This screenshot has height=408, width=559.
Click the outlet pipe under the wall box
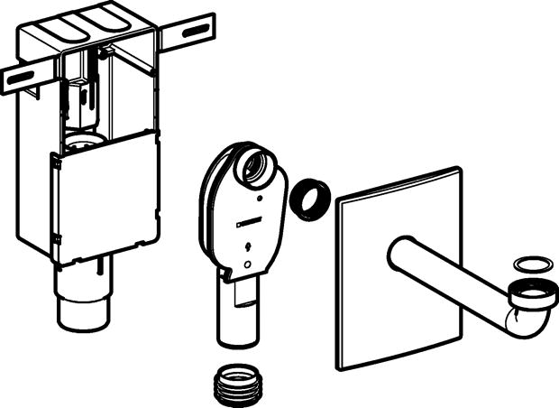(87, 298)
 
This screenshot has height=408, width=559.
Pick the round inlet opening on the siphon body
(261, 169)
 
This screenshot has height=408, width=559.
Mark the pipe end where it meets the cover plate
(398, 255)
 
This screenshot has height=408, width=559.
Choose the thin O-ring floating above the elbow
(529, 264)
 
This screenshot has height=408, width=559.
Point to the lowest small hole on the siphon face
(248, 264)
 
